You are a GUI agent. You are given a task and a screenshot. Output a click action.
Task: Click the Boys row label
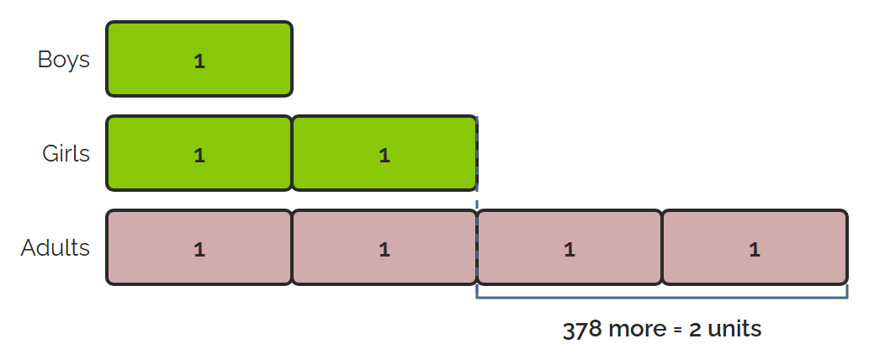coord(63,60)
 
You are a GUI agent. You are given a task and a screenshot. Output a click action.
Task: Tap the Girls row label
coord(66,153)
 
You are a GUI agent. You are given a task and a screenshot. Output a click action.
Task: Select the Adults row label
coord(55,247)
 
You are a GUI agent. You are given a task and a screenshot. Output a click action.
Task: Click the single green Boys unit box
coord(199,59)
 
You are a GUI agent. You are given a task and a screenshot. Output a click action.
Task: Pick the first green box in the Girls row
coord(199,153)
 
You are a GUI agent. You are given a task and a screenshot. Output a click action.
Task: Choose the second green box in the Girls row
coord(384,153)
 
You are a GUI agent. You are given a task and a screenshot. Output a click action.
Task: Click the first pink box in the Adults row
coord(199,247)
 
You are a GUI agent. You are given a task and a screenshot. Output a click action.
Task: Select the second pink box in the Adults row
coord(384,247)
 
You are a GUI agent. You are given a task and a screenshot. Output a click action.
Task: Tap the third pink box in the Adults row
coord(570,247)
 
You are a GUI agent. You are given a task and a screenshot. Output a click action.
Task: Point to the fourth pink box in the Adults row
coord(755,247)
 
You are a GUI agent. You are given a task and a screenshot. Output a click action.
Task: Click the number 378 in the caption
coord(582,330)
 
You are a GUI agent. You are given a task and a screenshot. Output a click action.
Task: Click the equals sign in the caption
coord(678,331)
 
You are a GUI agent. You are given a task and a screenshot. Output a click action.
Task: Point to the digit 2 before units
coord(695,330)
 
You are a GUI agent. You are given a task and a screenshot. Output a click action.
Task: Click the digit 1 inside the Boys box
coord(199,61)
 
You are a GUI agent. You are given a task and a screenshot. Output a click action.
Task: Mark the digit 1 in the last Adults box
coord(755,250)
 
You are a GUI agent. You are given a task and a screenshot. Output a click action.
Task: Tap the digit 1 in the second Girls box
coord(384,156)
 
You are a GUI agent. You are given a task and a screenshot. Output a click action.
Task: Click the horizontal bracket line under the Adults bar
coord(662,298)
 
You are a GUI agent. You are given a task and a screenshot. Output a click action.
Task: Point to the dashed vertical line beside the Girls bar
coord(477,161)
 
